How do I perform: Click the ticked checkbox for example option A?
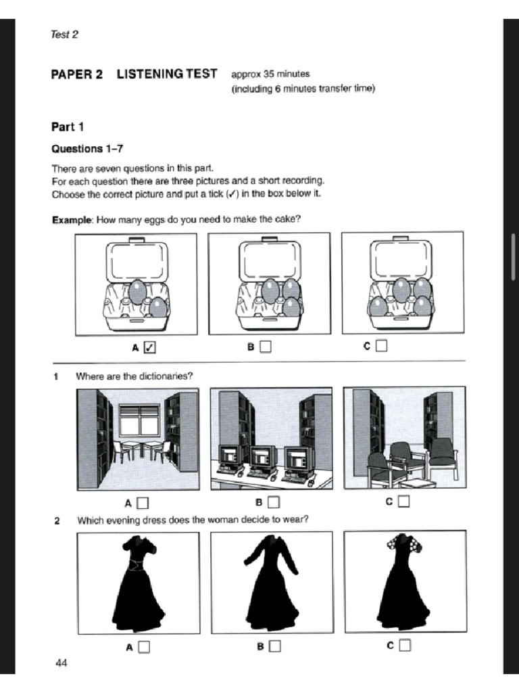tap(150, 347)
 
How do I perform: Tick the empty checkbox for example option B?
tap(266, 346)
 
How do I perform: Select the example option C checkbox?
tap(382, 346)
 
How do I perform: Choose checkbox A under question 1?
tap(143, 503)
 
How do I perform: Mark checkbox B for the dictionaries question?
tap(273, 502)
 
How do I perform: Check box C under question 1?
tap(403, 501)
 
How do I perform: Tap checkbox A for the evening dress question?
tap(144, 647)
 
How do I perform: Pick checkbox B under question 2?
tap(274, 646)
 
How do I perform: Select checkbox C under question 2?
tap(404, 646)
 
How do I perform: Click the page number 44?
tap(61, 663)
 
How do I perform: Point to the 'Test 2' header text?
tap(64, 35)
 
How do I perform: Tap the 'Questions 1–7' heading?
tap(87, 149)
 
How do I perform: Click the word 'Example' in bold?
tap(72, 219)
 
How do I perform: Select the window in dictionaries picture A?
tap(139, 420)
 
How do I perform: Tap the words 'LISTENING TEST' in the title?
tap(167, 74)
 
